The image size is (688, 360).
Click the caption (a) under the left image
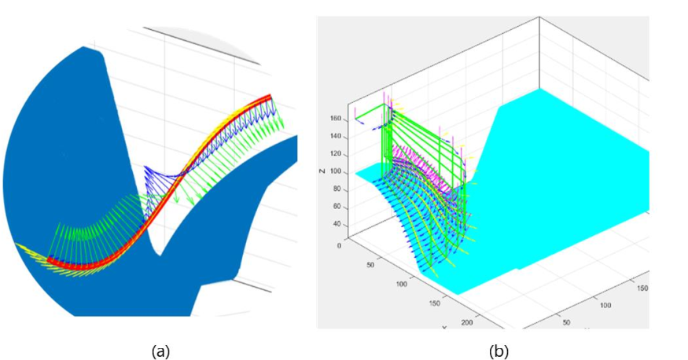160,351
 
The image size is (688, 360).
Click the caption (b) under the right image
499,351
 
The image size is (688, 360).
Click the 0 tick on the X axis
339,244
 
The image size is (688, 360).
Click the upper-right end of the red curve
270,97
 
